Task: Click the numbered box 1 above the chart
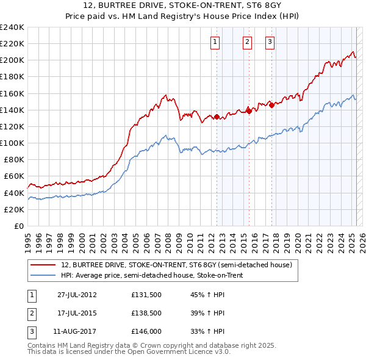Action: coord(217,42)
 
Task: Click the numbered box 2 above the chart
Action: coord(247,42)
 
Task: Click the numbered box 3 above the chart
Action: coord(270,42)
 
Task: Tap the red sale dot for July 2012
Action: coord(217,117)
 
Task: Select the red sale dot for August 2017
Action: coord(271,104)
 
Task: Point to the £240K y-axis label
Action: coord(12,27)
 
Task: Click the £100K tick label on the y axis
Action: coord(12,143)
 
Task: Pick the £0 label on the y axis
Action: coord(18,226)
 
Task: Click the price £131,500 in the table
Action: coord(146,294)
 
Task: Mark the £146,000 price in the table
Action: coord(146,332)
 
